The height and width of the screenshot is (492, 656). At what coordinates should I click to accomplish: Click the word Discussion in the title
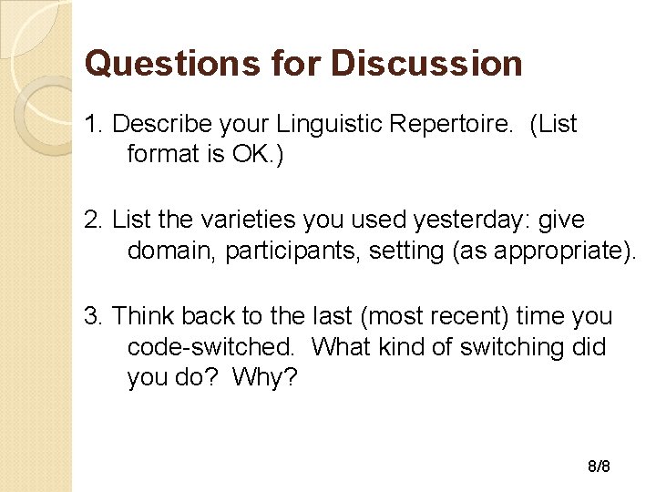click(x=427, y=64)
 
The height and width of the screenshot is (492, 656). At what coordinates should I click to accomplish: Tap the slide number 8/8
click(x=599, y=466)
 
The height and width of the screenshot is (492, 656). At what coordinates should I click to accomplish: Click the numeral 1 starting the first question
click(x=90, y=124)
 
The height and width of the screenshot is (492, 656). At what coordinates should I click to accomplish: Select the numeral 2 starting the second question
click(x=90, y=220)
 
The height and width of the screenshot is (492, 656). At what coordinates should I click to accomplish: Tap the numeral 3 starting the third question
click(x=90, y=317)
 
